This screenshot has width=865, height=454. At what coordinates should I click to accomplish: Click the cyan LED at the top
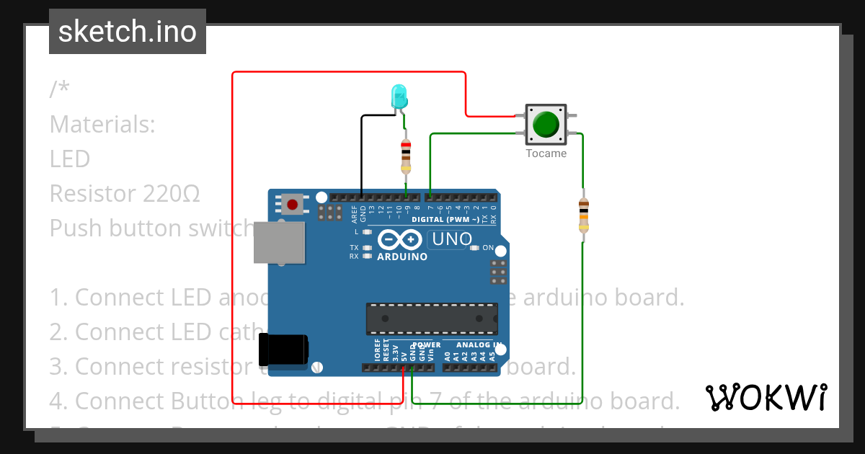pyautogui.click(x=398, y=96)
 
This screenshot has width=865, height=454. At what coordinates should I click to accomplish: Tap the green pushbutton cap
pyautogui.click(x=546, y=124)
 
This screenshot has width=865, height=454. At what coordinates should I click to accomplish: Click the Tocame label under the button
pyautogui.click(x=546, y=153)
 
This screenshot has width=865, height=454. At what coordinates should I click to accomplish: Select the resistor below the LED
pyautogui.click(x=406, y=156)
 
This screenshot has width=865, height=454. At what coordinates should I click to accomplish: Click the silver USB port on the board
pyautogui.click(x=279, y=243)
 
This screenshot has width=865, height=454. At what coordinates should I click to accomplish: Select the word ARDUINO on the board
pyautogui.click(x=402, y=257)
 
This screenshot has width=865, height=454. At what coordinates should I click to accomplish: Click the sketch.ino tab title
pyautogui.click(x=127, y=32)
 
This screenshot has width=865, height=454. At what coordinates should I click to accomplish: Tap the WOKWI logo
pyautogui.click(x=766, y=398)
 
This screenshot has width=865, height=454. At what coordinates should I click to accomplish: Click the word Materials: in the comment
pyautogui.click(x=102, y=124)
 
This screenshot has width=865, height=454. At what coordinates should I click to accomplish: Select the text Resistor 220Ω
pyautogui.click(x=125, y=193)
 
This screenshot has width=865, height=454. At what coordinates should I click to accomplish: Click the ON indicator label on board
pyautogui.click(x=488, y=248)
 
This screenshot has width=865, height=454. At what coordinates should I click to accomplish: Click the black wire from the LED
pyautogui.click(x=361, y=151)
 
